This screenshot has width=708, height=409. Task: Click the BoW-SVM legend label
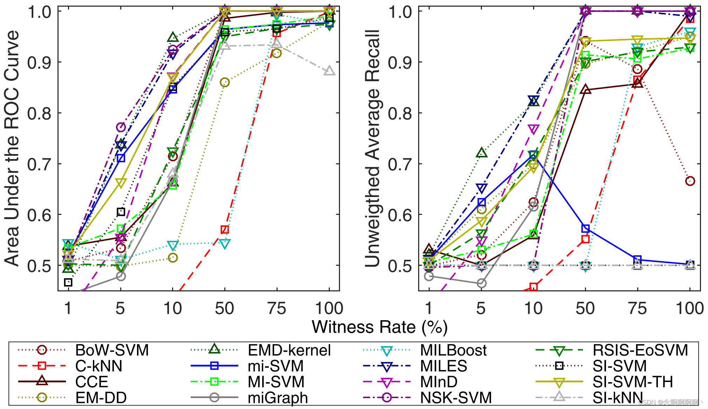click(x=112, y=350)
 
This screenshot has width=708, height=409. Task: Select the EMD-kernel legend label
click(x=289, y=350)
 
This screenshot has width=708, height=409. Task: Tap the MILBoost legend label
click(x=453, y=350)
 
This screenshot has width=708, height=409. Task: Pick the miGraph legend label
click(x=278, y=398)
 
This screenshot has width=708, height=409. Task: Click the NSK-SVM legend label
click(x=456, y=398)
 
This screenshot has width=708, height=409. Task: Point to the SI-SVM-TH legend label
click(x=633, y=382)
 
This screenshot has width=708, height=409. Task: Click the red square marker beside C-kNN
click(x=42, y=366)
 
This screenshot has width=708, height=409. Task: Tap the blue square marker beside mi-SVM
click(x=214, y=366)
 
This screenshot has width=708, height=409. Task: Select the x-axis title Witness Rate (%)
click(x=380, y=327)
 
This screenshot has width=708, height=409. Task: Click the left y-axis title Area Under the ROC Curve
click(x=12, y=148)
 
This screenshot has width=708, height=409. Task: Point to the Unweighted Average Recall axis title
click(x=372, y=148)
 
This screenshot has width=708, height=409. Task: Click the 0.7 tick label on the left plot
click(x=39, y=164)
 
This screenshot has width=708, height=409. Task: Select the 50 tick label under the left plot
click(x=224, y=309)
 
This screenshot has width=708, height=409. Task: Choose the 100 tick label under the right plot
click(x=689, y=309)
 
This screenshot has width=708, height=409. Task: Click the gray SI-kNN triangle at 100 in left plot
click(x=329, y=71)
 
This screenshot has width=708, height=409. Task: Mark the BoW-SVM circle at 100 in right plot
click(x=690, y=181)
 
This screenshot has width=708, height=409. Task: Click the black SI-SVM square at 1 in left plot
click(x=68, y=282)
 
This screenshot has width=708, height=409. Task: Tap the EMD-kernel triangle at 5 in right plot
click(x=482, y=153)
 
